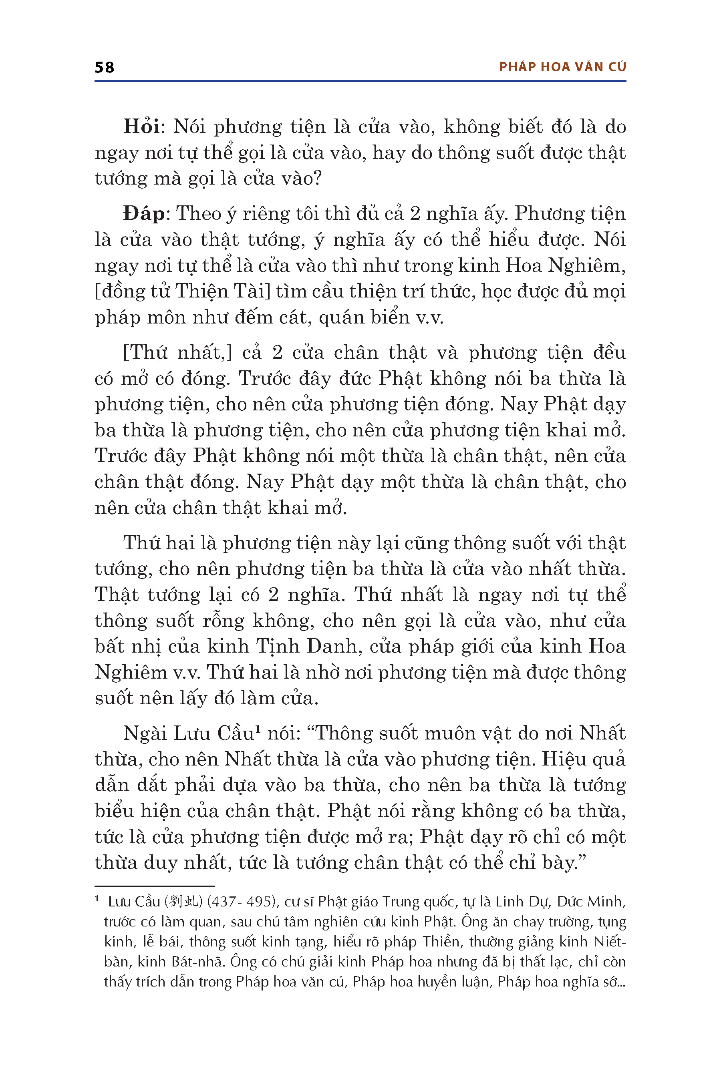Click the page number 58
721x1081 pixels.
point(105,68)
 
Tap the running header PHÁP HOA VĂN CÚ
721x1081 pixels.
point(562,67)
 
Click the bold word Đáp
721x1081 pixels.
point(144,213)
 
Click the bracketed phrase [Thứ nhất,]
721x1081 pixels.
point(177,352)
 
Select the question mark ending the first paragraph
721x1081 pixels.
point(316,178)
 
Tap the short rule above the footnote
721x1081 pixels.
point(155,886)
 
